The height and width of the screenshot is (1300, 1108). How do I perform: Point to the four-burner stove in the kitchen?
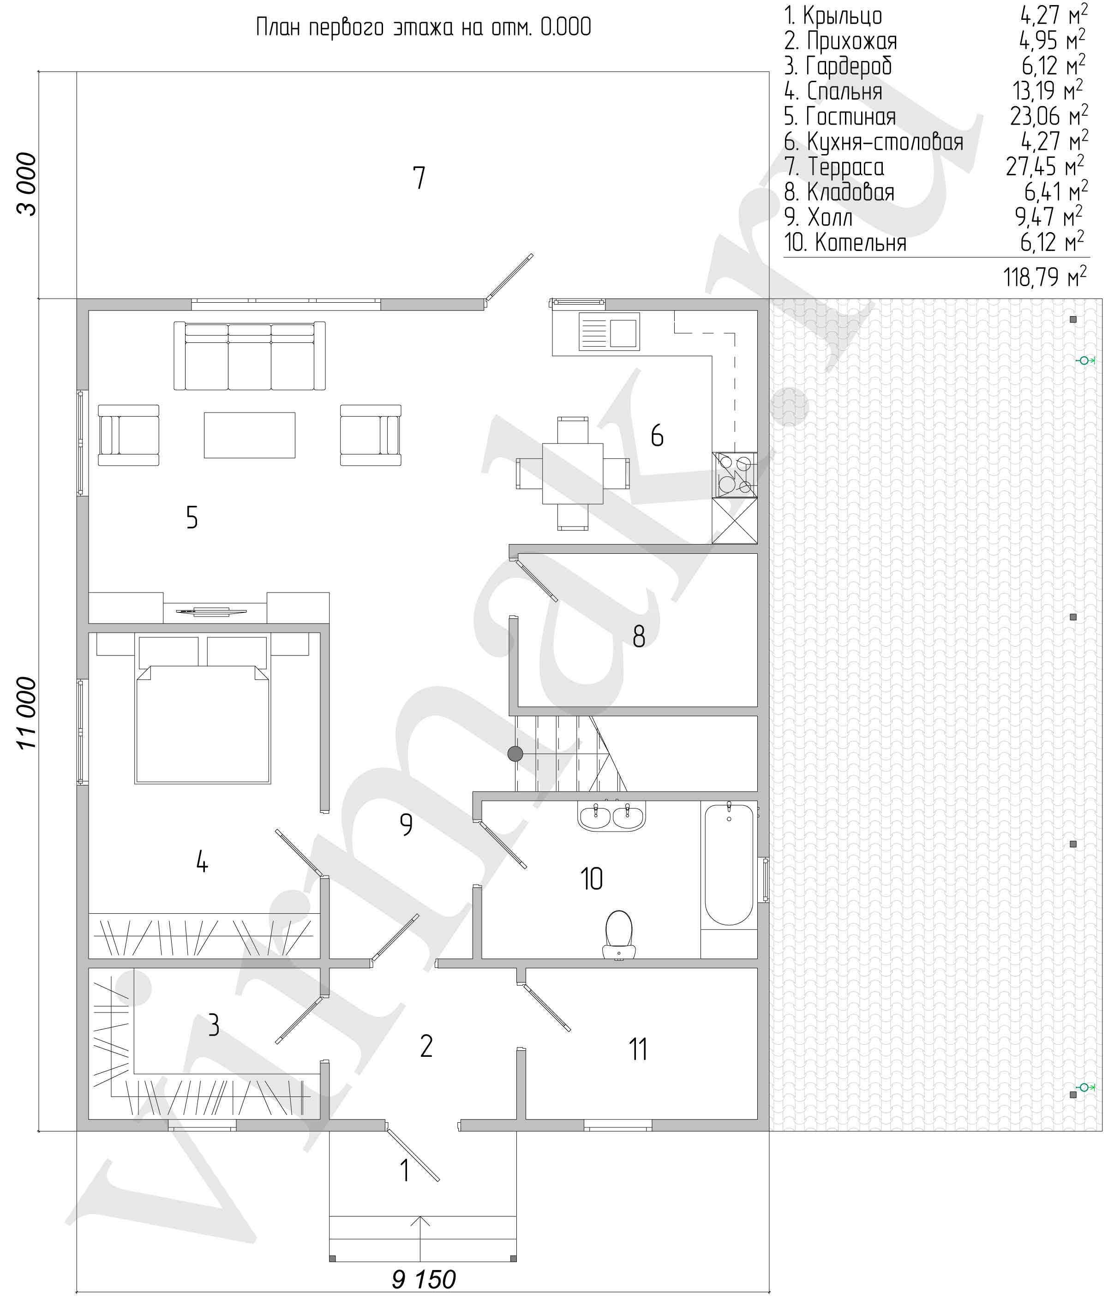[735, 475]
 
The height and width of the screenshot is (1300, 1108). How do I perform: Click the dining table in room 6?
[573, 473]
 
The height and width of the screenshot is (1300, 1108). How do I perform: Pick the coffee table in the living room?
[249, 435]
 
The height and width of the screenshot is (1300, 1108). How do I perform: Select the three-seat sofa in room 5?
[250, 356]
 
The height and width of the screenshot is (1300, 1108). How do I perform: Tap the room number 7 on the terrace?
[419, 178]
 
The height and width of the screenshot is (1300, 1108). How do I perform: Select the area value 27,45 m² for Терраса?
[1045, 166]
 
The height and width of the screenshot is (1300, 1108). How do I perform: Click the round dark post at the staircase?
[515, 754]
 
